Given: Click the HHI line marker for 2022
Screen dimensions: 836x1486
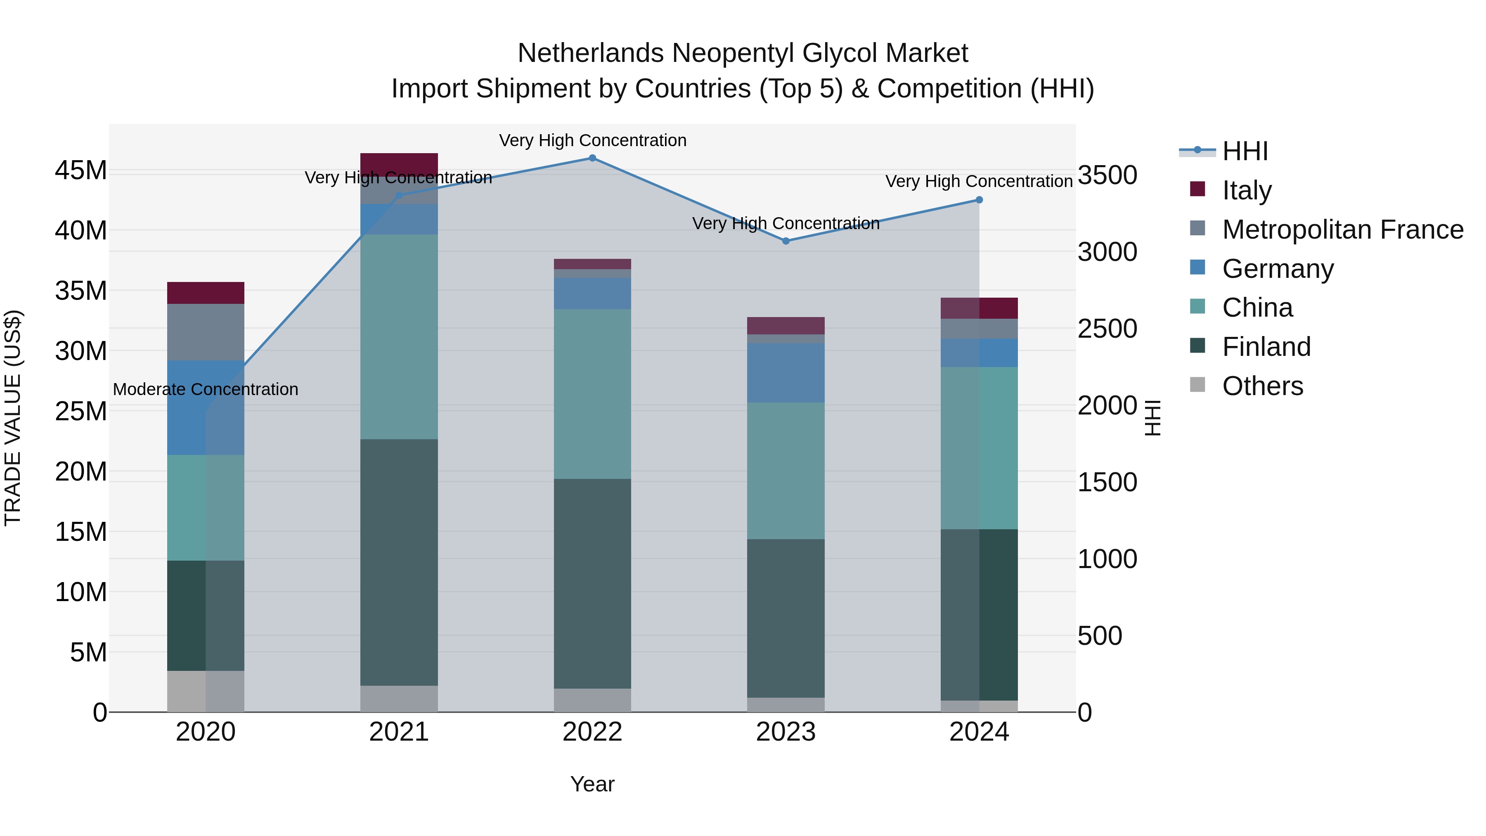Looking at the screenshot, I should (592, 158).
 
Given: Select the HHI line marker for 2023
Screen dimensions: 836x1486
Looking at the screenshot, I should (786, 241).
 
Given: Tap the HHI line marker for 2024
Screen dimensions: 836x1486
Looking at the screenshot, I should (979, 200).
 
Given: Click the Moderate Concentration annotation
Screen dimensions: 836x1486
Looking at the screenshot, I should (206, 389).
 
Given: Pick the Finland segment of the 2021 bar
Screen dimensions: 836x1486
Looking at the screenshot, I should (399, 563).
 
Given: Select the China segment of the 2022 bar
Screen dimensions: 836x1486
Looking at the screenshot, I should (592, 394).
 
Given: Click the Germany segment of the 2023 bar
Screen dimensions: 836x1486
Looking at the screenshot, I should (786, 373).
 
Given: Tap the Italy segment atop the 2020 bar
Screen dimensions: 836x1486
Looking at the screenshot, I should (206, 293).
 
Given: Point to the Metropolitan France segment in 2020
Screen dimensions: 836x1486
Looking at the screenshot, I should (206, 332).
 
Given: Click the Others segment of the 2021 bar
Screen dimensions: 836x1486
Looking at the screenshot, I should (399, 699).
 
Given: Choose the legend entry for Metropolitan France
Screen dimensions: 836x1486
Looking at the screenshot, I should (1342, 230).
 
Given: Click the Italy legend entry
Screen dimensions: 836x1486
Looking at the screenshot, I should (1247, 190).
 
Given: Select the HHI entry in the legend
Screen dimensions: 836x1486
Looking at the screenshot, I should (1245, 151).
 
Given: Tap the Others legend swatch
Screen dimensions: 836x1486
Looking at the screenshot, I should (1197, 385).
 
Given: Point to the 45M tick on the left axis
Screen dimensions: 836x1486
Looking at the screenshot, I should (81, 171).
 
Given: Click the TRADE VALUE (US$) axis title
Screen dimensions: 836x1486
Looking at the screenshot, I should (13, 418).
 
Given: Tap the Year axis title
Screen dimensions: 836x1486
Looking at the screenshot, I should (592, 784).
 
